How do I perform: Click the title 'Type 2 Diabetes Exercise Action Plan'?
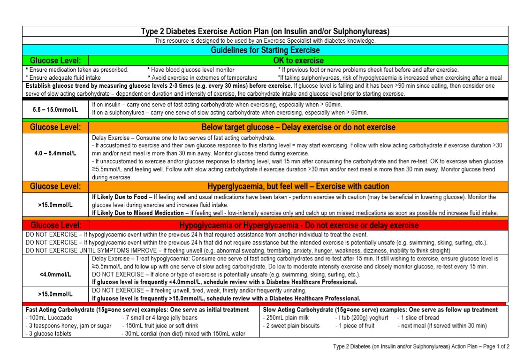click(265, 31)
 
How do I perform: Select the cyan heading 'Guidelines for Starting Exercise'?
click(265, 50)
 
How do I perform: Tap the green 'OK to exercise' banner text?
click(298, 61)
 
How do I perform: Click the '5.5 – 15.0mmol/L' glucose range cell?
click(55, 109)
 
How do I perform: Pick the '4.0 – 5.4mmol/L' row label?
click(55, 153)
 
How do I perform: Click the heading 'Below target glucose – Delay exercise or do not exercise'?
click(298, 127)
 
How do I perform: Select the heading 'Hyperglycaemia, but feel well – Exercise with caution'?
click(298, 186)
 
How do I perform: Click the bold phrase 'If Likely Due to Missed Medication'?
click(138, 213)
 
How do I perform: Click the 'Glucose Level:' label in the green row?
click(55, 61)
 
